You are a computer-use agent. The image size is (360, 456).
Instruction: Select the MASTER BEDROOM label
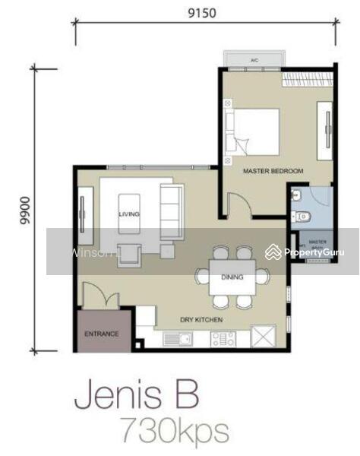(273, 172)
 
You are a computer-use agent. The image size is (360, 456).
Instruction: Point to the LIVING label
(129, 215)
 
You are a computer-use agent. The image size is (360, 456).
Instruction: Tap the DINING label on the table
(232, 277)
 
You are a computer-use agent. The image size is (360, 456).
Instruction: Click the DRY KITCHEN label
(201, 320)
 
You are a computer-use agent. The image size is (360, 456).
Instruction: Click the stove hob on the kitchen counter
(223, 338)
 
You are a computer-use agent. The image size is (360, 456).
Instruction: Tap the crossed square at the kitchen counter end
(265, 335)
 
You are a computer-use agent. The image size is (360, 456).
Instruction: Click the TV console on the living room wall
(82, 214)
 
